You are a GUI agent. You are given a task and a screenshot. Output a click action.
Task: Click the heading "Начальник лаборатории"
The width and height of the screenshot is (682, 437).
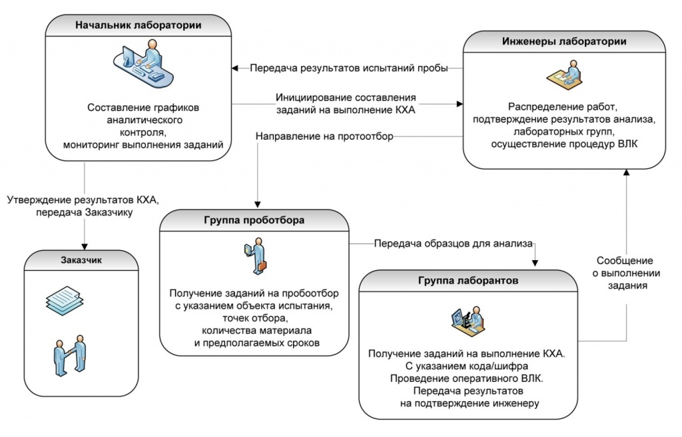[x=139, y=25]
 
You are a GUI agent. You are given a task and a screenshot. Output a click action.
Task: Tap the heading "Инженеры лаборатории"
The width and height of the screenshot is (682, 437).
[x=564, y=41]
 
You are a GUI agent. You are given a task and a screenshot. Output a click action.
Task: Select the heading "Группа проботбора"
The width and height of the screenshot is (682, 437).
[x=254, y=220]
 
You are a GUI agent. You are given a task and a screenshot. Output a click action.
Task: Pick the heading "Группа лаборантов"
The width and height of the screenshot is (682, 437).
[x=468, y=281]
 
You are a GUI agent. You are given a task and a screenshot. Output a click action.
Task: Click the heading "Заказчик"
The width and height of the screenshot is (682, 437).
[x=81, y=260]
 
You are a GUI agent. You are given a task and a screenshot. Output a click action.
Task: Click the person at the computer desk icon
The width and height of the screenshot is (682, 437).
[x=144, y=63]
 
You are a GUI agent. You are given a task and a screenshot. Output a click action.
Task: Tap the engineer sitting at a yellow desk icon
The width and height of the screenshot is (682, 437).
[x=564, y=75]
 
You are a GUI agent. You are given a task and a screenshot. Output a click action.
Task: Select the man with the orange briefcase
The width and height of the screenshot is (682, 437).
[x=256, y=256]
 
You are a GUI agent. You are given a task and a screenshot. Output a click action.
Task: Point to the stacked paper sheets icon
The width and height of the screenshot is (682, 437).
[x=65, y=300]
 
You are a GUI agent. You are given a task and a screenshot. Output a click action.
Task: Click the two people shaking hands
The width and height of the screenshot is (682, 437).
[x=69, y=355]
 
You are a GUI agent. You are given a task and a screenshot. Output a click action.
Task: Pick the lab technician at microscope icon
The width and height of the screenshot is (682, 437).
[x=468, y=321]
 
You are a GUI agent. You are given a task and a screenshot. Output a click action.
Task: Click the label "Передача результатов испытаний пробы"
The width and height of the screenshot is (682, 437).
[x=349, y=69]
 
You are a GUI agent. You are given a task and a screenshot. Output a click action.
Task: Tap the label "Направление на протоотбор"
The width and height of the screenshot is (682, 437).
[x=324, y=136]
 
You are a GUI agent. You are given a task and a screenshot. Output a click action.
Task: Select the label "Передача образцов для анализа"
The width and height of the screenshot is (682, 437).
[x=453, y=243]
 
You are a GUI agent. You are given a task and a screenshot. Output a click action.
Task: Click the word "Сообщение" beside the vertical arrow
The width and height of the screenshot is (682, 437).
[x=625, y=261]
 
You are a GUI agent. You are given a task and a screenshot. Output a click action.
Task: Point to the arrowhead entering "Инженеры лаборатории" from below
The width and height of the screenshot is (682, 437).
[x=626, y=172]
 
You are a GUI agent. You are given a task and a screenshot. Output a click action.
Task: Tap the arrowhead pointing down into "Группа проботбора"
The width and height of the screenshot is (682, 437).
[x=258, y=204]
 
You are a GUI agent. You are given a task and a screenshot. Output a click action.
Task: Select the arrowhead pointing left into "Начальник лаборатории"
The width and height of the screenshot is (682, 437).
[x=234, y=69]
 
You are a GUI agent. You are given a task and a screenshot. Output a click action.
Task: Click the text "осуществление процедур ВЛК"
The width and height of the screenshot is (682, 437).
[x=564, y=144]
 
